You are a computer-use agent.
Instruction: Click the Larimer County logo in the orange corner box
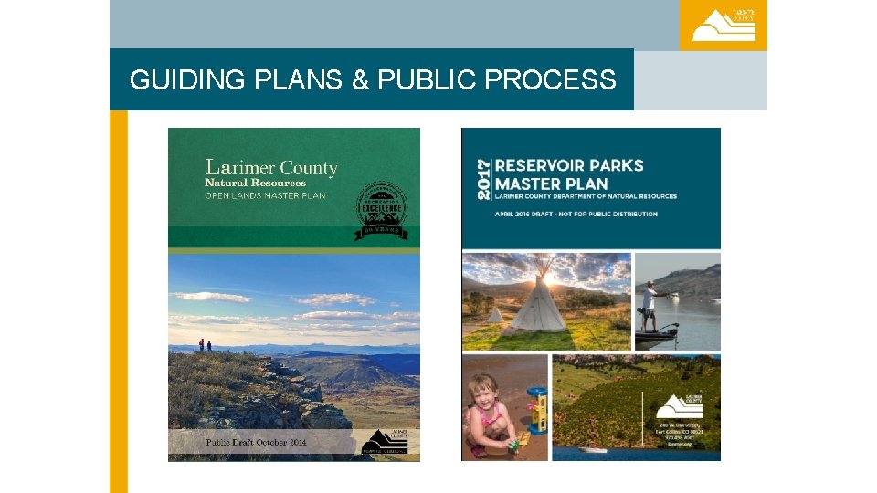coord(724,26)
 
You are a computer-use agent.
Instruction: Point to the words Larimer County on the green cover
coord(271,168)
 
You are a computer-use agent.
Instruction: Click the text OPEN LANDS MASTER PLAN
coord(265,195)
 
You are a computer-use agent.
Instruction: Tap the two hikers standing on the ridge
coord(204,345)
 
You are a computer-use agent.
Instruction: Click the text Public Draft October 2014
coord(256,442)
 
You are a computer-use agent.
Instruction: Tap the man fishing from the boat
coord(650,306)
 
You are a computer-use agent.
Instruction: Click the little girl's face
coord(486,390)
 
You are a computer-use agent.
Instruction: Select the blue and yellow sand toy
coord(536,413)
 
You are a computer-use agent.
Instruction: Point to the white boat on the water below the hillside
coord(594,449)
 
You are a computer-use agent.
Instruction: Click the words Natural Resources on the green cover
coord(255,183)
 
